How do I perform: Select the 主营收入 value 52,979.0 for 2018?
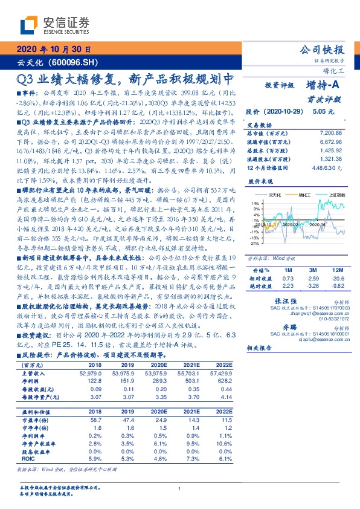95,374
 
